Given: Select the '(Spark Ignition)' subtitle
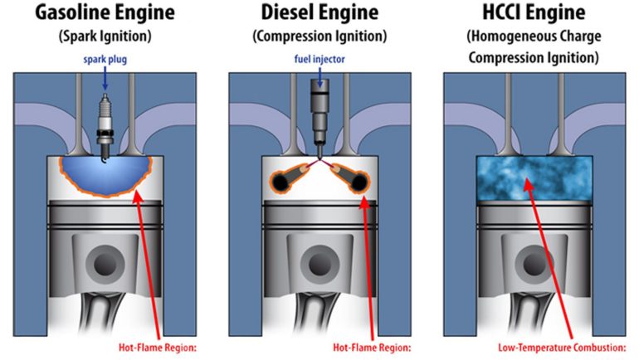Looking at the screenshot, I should pyautogui.click(x=105, y=37).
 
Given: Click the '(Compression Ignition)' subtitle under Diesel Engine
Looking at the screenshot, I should pyautogui.click(x=319, y=37).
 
